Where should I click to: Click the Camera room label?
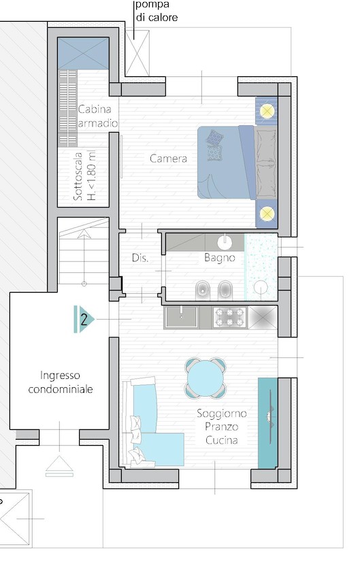[x=168, y=159]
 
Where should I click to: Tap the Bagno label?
[x=219, y=258]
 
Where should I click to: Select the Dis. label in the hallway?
[x=140, y=258]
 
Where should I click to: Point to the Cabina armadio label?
[x=97, y=116]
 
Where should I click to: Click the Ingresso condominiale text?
[x=61, y=382]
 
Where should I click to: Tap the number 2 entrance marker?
[x=84, y=319]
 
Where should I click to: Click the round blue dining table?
[x=206, y=378]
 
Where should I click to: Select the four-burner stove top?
[x=229, y=317]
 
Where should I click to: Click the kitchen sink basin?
[x=181, y=317]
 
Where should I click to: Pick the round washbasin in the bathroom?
[x=225, y=243]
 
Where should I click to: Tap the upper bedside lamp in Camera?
[x=267, y=111]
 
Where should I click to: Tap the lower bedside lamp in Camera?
[x=267, y=214]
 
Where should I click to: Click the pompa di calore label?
[x=157, y=11]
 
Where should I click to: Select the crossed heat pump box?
[x=137, y=53]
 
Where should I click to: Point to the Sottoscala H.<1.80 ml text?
[x=84, y=176]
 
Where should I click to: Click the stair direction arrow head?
[x=84, y=233]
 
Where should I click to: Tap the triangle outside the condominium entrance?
[x=59, y=463]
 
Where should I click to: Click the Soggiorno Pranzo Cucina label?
[x=222, y=427]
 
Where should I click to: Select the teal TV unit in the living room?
[x=268, y=423]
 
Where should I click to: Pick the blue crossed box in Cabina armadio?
[x=83, y=53]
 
